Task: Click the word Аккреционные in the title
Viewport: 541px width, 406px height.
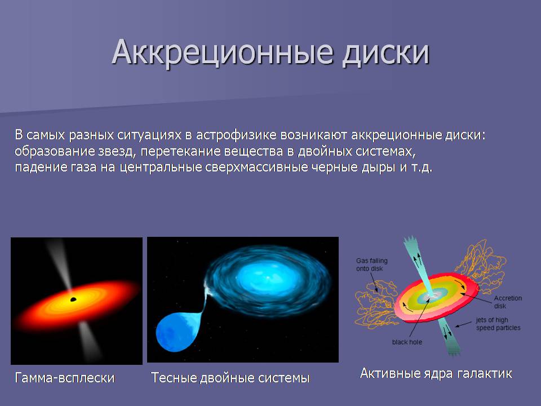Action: pos(223,52)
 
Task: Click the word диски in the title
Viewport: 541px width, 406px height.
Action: pos(385,52)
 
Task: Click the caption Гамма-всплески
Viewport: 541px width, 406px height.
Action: pos(64,378)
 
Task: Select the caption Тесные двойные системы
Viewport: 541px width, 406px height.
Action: pos(230,378)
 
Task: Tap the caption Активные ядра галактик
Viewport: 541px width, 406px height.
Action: pos(436,373)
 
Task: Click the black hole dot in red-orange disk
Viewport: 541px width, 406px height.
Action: pos(73,299)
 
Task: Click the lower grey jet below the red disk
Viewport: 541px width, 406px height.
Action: pos(90,341)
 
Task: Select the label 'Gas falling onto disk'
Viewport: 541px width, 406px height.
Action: pos(371,264)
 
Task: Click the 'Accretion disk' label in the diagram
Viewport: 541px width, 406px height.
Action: pos(508,302)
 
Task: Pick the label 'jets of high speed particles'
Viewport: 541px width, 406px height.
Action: pos(498,324)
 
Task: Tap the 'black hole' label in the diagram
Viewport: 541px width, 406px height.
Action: pos(407,342)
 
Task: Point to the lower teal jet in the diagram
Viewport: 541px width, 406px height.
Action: pos(449,336)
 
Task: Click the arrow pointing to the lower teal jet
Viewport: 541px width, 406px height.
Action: pos(463,324)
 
